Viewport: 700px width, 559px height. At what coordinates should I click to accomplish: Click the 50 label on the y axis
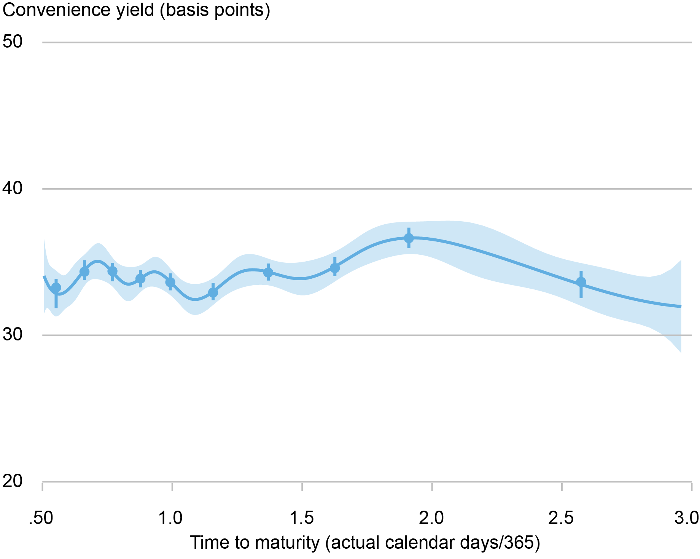(13, 42)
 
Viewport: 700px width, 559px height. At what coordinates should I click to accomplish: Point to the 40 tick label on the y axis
(13, 188)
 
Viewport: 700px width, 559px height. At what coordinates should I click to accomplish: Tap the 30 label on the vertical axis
(13, 335)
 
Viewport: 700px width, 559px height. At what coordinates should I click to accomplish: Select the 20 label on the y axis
(13, 481)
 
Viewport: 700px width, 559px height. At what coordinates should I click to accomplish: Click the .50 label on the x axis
(41, 519)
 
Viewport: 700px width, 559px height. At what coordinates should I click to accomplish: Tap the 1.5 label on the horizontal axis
(302, 519)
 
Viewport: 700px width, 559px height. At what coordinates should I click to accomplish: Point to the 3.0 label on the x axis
(687, 519)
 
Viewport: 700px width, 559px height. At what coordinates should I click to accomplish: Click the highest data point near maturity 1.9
(409, 238)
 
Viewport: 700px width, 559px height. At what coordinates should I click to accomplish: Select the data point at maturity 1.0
(170, 282)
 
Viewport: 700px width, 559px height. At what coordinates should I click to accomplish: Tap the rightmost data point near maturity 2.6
(581, 282)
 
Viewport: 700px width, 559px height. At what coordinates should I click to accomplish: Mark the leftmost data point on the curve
(56, 288)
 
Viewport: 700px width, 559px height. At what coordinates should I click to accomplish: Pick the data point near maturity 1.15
(213, 292)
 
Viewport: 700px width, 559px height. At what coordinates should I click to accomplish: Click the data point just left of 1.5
(268, 273)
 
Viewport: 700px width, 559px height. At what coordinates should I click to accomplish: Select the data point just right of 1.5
(335, 268)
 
